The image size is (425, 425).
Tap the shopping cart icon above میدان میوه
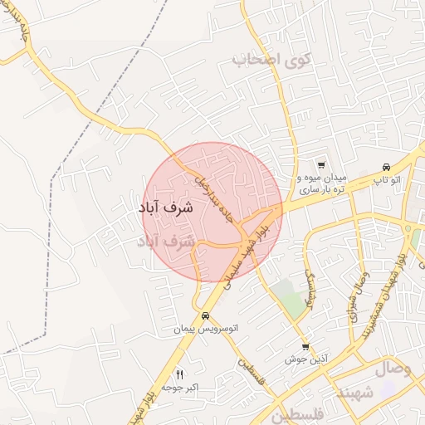(x=321, y=165)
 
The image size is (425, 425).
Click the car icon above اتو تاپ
(x=386, y=166)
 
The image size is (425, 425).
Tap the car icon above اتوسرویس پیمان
(x=205, y=315)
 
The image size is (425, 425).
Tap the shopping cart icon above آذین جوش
(x=305, y=346)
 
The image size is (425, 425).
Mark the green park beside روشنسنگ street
(x=289, y=299)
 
